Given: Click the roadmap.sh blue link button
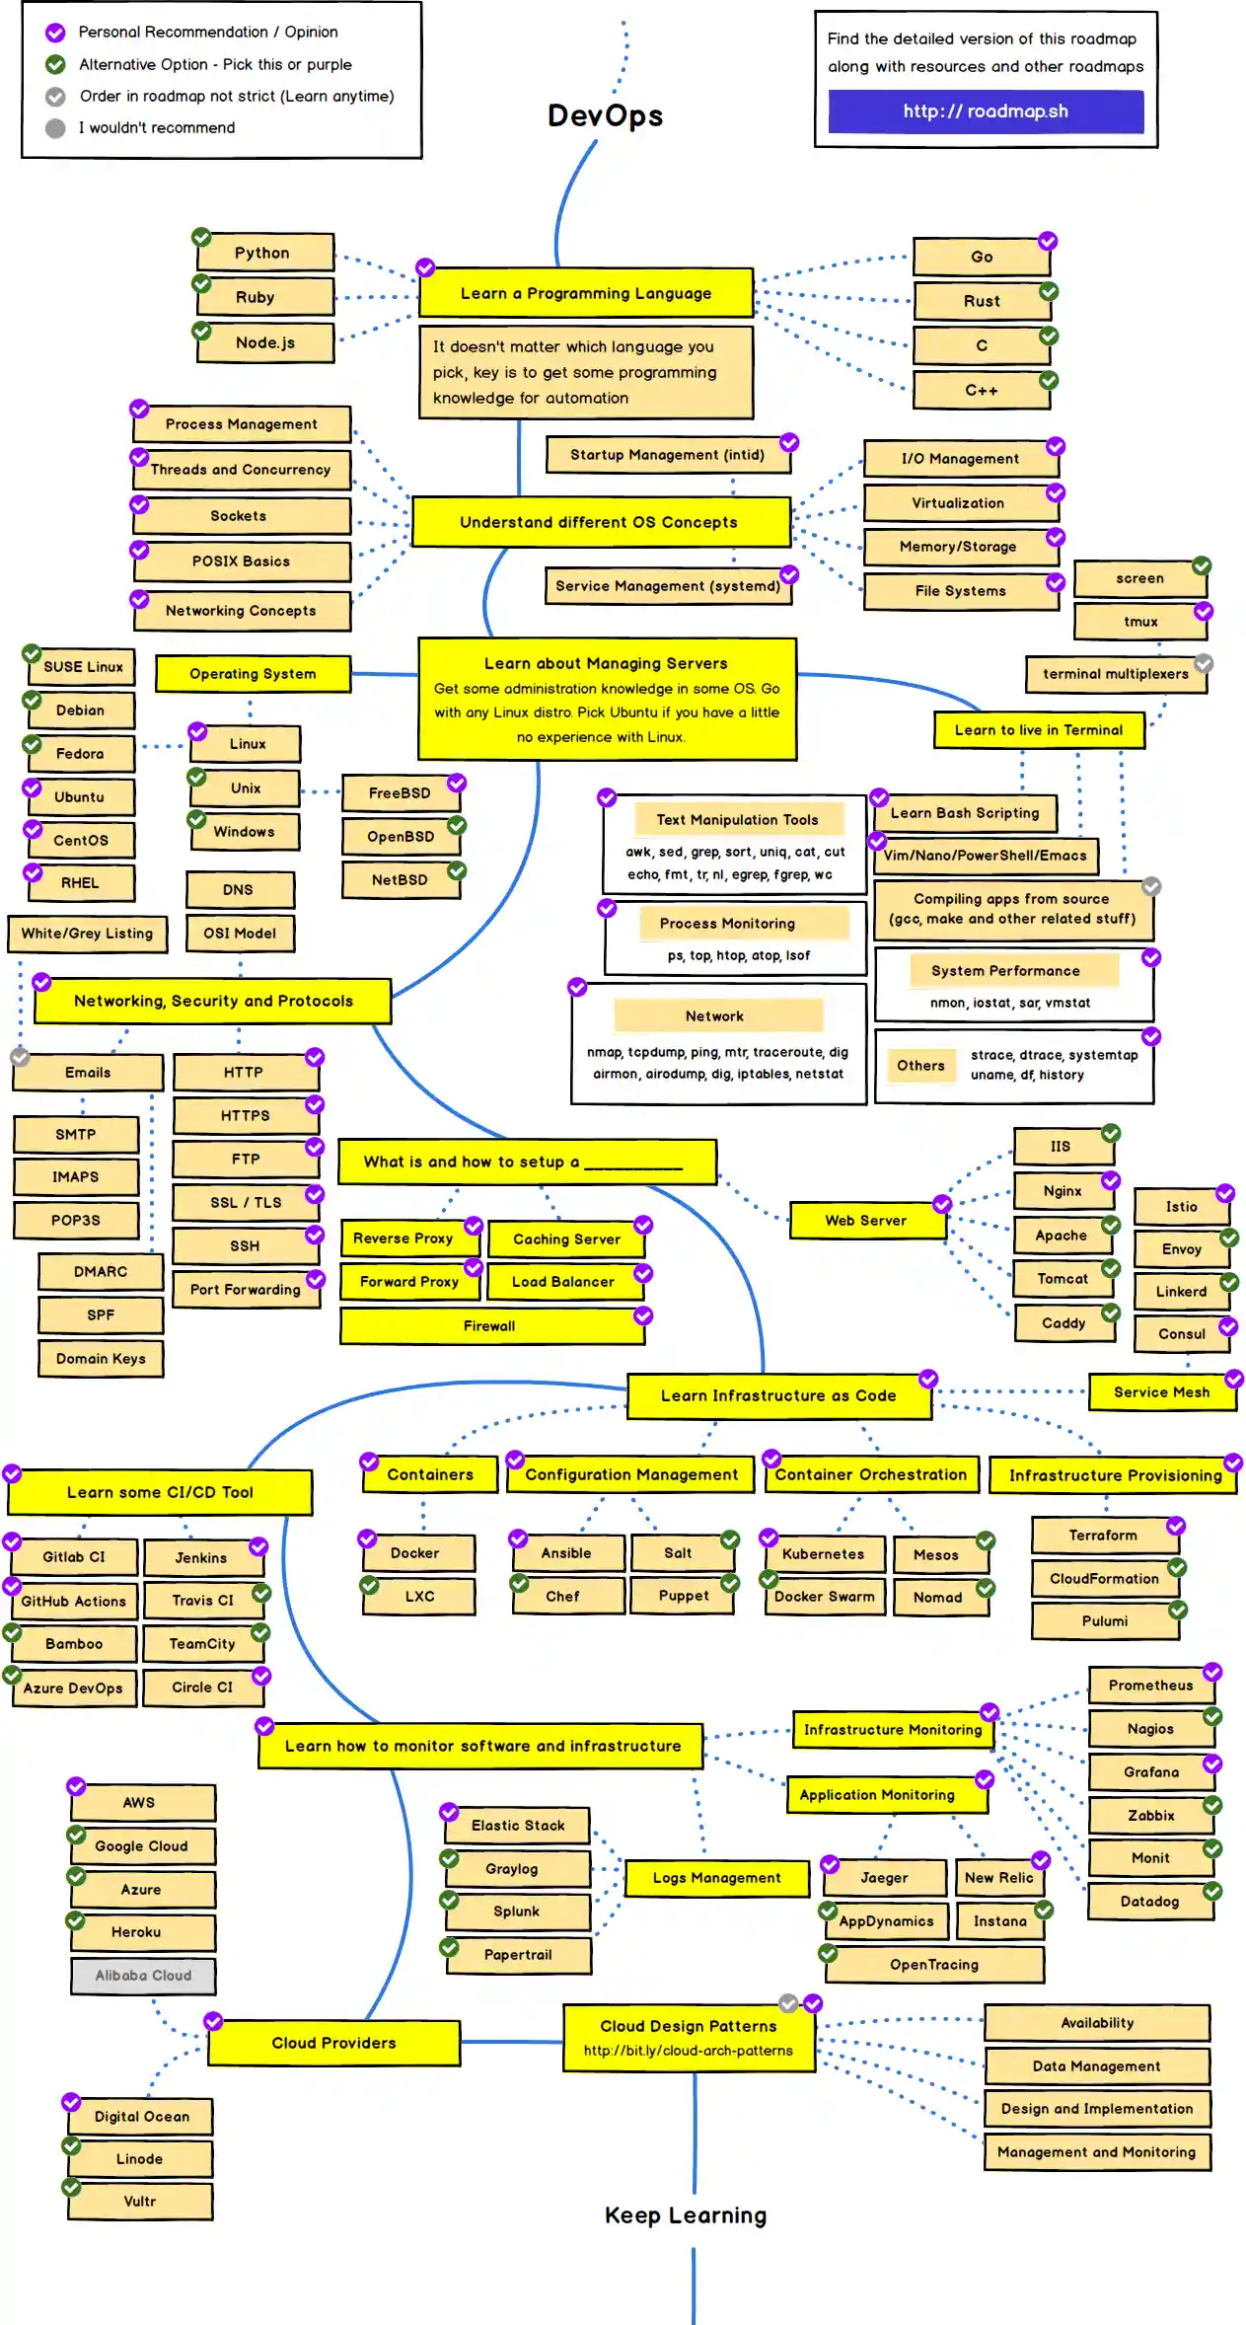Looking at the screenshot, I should tap(985, 112).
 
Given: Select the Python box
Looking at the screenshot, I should tap(263, 253).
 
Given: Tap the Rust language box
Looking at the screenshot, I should tap(982, 301).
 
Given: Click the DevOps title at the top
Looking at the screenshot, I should tap(605, 115).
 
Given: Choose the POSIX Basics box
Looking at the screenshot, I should tap(241, 561).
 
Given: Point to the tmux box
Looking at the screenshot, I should tap(1139, 622).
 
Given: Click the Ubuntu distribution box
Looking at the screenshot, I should tap(80, 796).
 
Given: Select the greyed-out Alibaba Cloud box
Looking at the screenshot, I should tap(143, 1975).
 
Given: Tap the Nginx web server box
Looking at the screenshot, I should tap(1063, 1191).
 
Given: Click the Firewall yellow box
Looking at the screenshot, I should tap(490, 1325).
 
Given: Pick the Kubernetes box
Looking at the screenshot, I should tap(823, 1553).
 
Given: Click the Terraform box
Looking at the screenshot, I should tap(1103, 1536).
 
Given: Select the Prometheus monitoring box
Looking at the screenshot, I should tap(1150, 1685).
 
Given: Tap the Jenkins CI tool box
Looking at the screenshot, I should tap(201, 1557).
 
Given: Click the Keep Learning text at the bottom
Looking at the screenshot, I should tap(685, 2215).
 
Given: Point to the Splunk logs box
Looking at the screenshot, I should tap(516, 1911).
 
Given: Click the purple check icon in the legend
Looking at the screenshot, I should tap(56, 33).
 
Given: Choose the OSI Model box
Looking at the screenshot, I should tap(240, 933).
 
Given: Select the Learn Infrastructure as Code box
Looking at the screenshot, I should tap(777, 1395).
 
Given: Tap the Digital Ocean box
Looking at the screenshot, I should tap(141, 2116).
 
